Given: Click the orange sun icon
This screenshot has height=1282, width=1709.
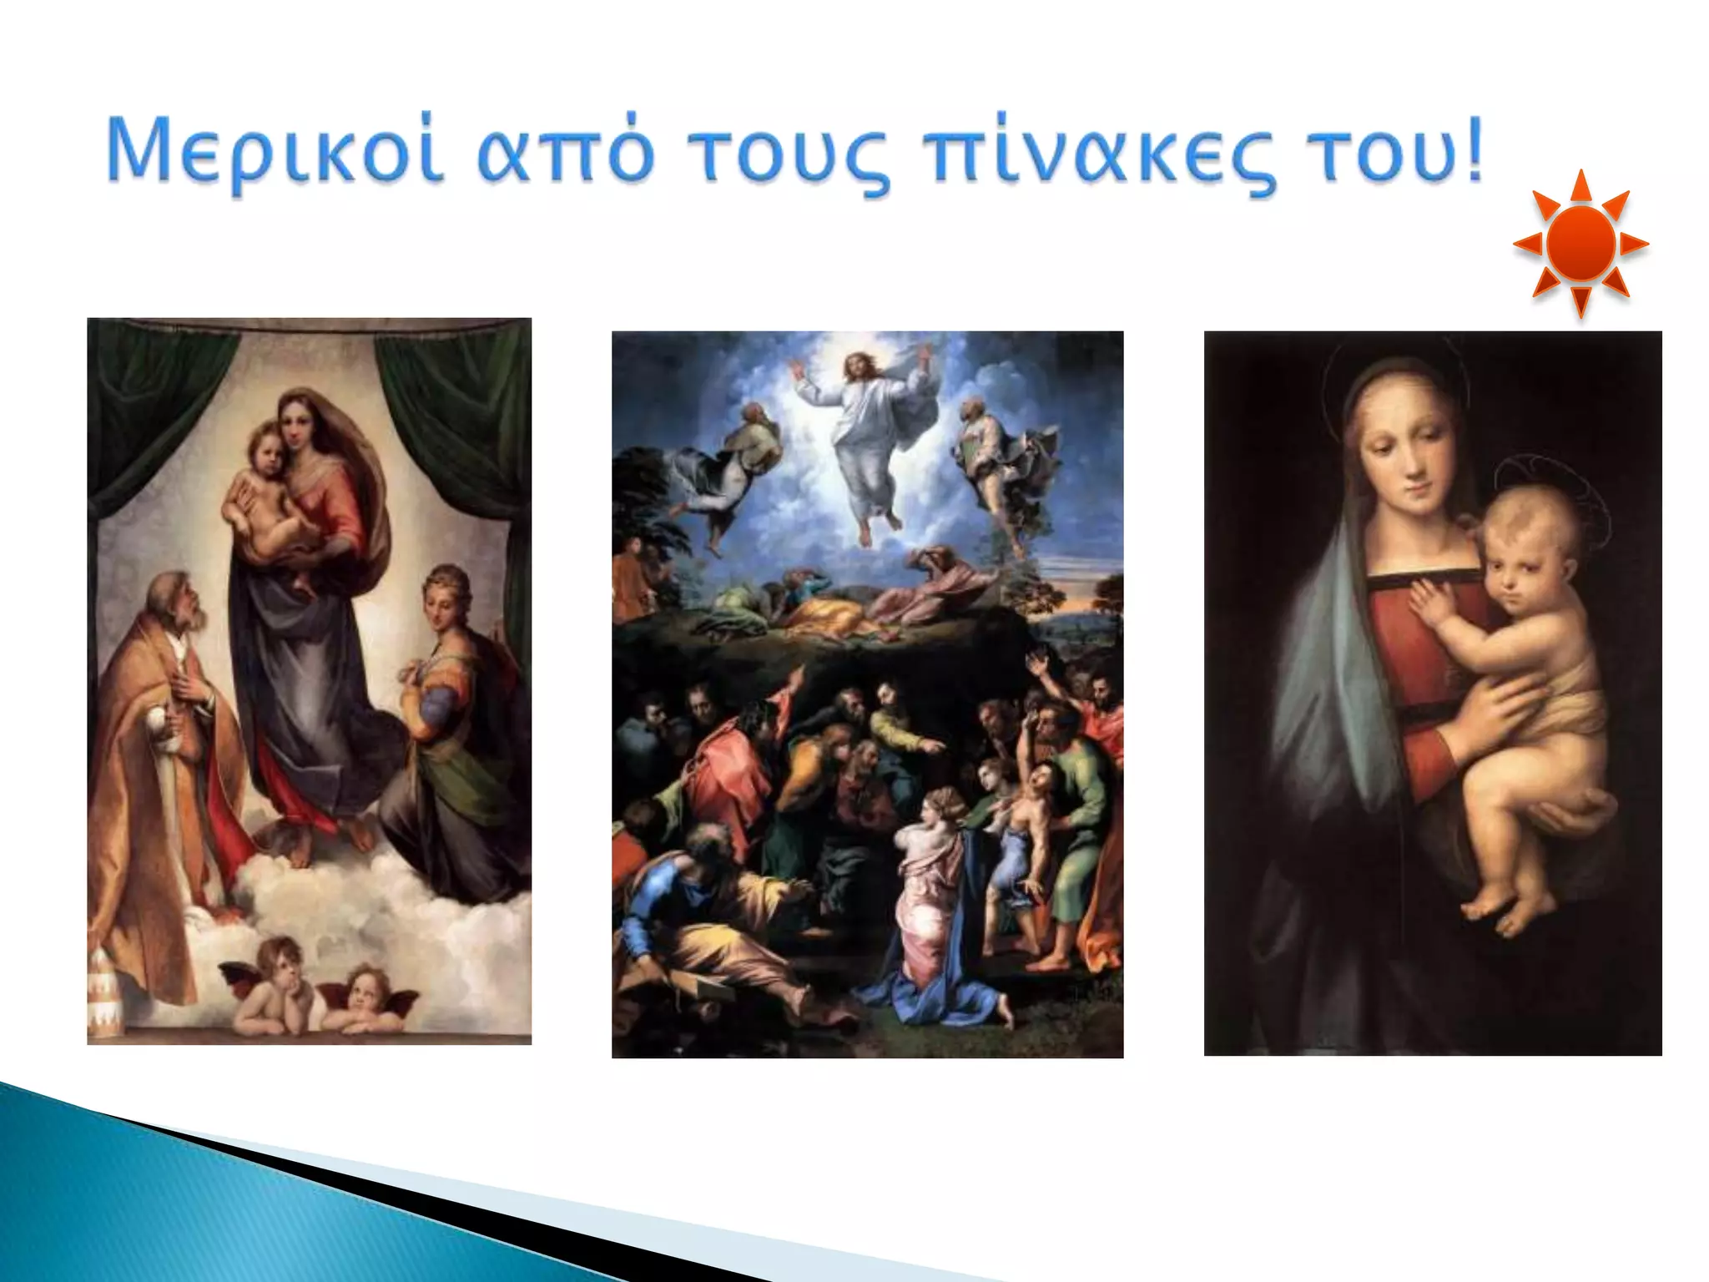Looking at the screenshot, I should pos(1580,244).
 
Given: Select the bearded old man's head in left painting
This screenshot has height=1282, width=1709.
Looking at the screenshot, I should pos(175,601).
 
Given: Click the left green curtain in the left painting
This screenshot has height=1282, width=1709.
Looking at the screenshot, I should pos(146,401).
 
